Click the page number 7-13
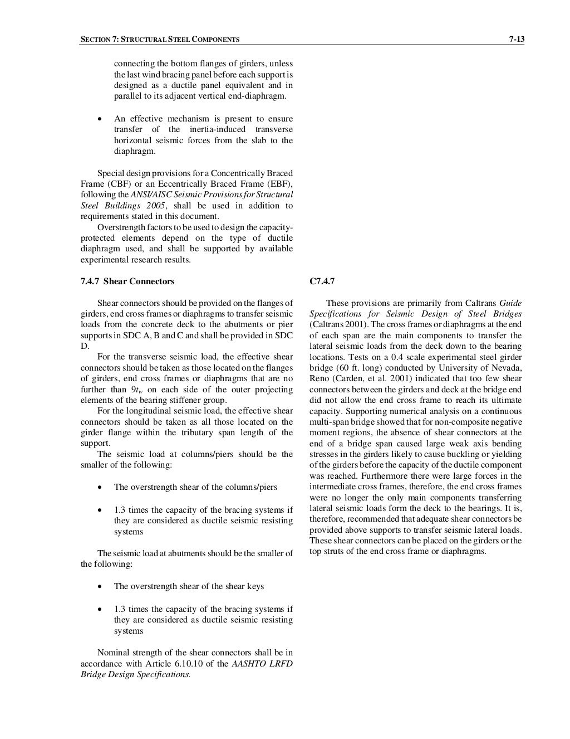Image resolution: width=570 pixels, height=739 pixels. point(517,39)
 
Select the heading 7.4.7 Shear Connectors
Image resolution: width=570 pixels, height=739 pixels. point(127,281)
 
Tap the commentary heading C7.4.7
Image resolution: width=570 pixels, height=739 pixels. point(322,281)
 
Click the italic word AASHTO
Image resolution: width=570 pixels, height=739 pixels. point(248,663)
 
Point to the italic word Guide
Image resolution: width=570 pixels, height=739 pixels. point(510,303)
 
